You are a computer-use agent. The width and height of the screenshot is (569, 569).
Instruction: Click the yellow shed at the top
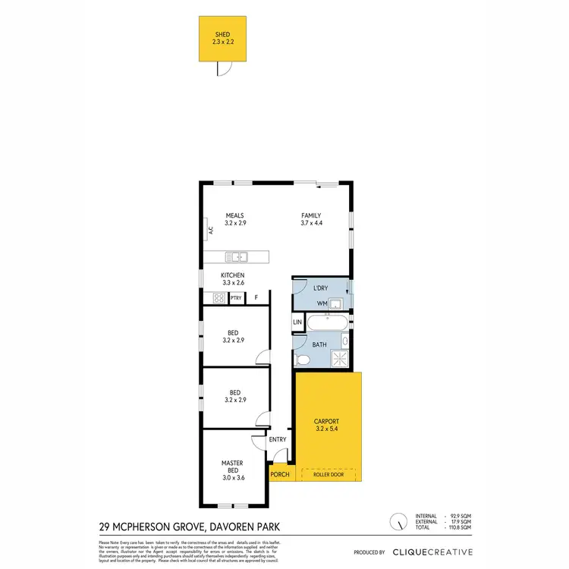click(x=222, y=39)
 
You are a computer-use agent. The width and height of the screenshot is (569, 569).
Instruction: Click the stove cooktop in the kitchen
click(x=219, y=298)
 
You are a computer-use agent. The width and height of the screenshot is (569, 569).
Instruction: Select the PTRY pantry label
click(x=236, y=298)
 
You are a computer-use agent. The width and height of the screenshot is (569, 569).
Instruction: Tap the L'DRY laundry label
click(x=319, y=288)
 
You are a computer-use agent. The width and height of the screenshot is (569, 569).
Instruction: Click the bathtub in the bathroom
click(x=327, y=323)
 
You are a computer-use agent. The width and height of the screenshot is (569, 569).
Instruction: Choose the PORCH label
click(x=279, y=475)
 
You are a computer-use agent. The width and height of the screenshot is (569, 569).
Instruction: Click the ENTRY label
click(x=278, y=439)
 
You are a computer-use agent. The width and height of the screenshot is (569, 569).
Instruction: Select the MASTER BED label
click(x=232, y=467)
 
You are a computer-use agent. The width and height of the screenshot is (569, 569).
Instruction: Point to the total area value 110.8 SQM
click(x=460, y=528)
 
